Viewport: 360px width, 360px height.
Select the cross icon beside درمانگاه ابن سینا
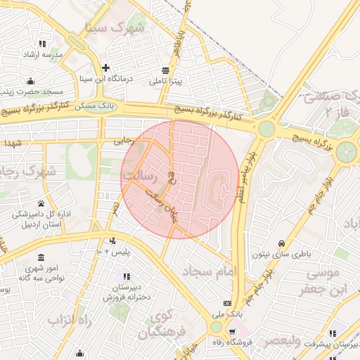coord(105,68)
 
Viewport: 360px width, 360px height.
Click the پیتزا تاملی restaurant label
coord(165,82)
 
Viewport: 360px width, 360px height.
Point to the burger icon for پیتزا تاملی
coord(165,70)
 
